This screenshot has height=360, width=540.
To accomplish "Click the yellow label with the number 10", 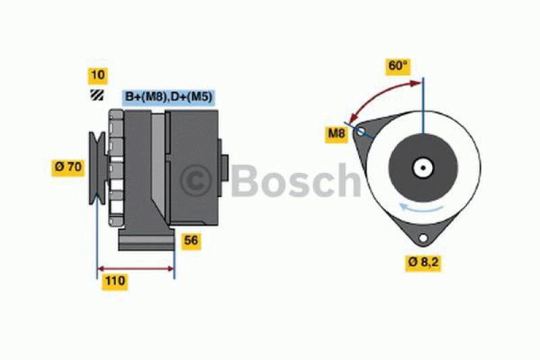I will pyautogui.click(x=97, y=76).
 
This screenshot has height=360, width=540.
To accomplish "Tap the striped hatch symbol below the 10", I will pyautogui.click(x=97, y=96).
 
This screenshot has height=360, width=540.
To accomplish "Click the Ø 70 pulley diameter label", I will pyautogui.click(x=68, y=166).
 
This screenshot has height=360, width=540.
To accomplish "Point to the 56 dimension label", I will pyautogui.click(x=192, y=240).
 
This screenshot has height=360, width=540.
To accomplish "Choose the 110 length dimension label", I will pyautogui.click(x=114, y=282).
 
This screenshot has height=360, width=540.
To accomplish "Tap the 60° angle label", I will pyautogui.click(x=398, y=66).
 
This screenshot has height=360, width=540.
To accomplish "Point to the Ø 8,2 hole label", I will pyautogui.click(x=424, y=262).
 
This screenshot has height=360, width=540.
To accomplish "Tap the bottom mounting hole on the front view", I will pyautogui.click(x=423, y=238).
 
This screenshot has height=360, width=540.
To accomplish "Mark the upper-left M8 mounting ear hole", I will pyautogui.click(x=361, y=131).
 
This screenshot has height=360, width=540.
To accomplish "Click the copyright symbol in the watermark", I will pyautogui.click(x=196, y=180).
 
